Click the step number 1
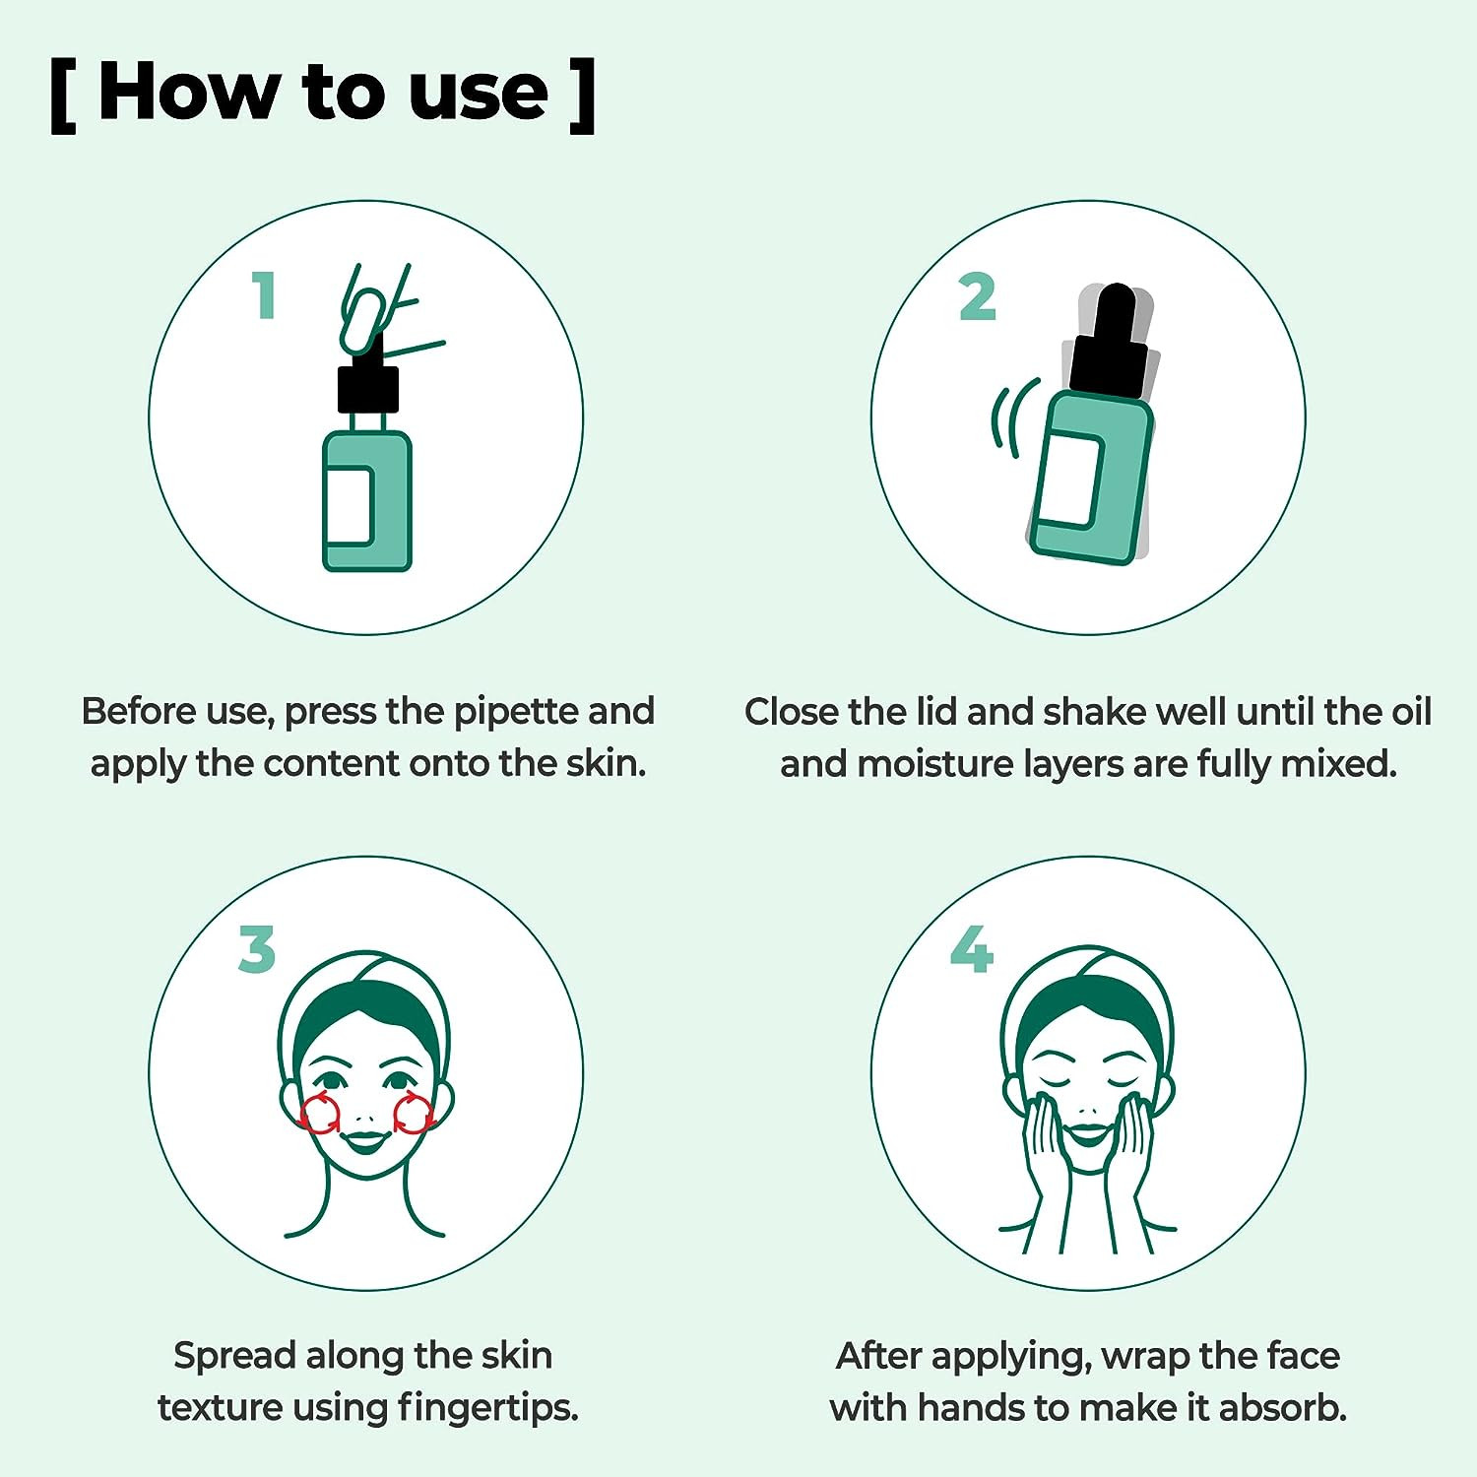tap(263, 295)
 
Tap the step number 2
tap(978, 296)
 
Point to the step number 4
tap(972, 949)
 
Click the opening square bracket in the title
tap(63, 95)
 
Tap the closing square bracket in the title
tap(583, 95)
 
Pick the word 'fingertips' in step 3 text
tap(487, 1408)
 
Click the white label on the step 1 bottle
tap(349, 505)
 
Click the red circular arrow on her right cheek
tap(318, 1114)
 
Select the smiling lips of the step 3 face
tap(364, 1141)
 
